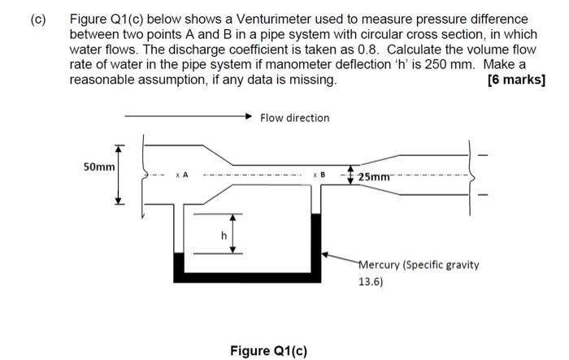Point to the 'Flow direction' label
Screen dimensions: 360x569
pos(294,118)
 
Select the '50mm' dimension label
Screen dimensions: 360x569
pos(100,167)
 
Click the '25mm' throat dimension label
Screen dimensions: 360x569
pos(375,176)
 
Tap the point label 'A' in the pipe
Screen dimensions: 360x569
pos(185,174)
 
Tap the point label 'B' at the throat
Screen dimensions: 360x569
pos(322,174)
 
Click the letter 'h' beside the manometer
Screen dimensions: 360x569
pos(215,236)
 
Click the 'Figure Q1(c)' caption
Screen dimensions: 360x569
pos(269,350)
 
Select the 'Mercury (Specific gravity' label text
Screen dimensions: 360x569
pos(419,265)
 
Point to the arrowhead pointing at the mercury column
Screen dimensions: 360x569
pos(327,254)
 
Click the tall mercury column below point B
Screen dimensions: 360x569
pos(316,244)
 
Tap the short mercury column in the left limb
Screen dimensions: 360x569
pos(179,266)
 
